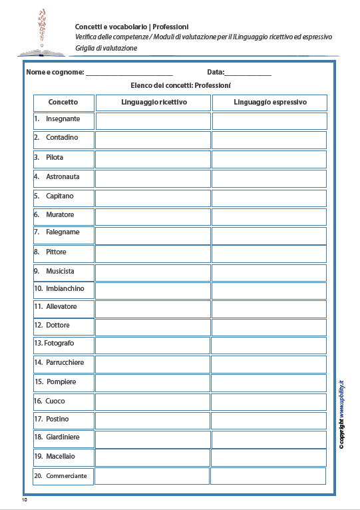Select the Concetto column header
(x=63, y=103)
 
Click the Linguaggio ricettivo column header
(x=154, y=103)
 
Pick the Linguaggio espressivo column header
(x=270, y=103)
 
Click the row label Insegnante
(x=63, y=119)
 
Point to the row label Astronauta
(x=63, y=177)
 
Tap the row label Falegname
(x=63, y=232)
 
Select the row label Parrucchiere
(x=65, y=363)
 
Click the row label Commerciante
(x=66, y=476)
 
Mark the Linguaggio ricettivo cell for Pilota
(x=153, y=158)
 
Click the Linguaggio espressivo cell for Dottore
(x=270, y=326)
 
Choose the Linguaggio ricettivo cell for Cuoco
(x=153, y=401)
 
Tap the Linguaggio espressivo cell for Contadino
(x=270, y=140)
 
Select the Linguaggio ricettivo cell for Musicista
(x=153, y=272)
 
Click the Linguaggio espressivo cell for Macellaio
(x=270, y=457)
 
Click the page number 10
(x=25, y=499)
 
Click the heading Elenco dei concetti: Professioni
(x=180, y=86)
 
